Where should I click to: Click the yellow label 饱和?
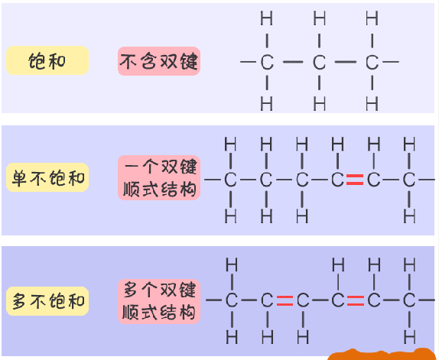(x=47, y=60)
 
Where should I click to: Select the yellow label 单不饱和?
(x=47, y=177)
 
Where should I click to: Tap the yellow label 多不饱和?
(x=47, y=301)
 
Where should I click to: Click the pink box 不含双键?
(x=159, y=61)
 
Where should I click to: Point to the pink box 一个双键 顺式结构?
(x=159, y=178)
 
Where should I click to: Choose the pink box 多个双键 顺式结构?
(x=159, y=302)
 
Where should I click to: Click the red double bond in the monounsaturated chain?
(x=355, y=180)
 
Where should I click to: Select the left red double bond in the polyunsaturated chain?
(x=285, y=300)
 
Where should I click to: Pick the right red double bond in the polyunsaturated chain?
(x=356, y=300)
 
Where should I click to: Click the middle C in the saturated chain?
(x=319, y=62)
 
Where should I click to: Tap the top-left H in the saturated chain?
(x=266, y=18)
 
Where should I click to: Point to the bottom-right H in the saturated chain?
(x=372, y=103)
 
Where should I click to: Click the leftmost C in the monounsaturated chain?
(x=230, y=180)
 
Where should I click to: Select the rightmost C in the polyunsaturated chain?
(x=409, y=300)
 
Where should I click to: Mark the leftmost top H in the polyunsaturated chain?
(x=232, y=264)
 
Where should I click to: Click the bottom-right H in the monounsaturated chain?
(x=409, y=216)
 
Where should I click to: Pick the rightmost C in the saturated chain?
(x=372, y=62)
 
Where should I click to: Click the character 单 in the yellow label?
(x=19, y=178)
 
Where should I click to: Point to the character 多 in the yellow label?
(x=19, y=301)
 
